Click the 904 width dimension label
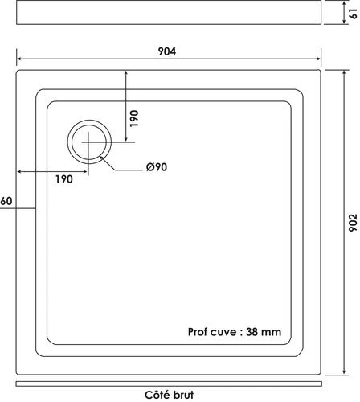(x=168, y=51)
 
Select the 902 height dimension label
(x=351, y=223)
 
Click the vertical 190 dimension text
(x=135, y=119)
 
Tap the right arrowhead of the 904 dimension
(x=318, y=59)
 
